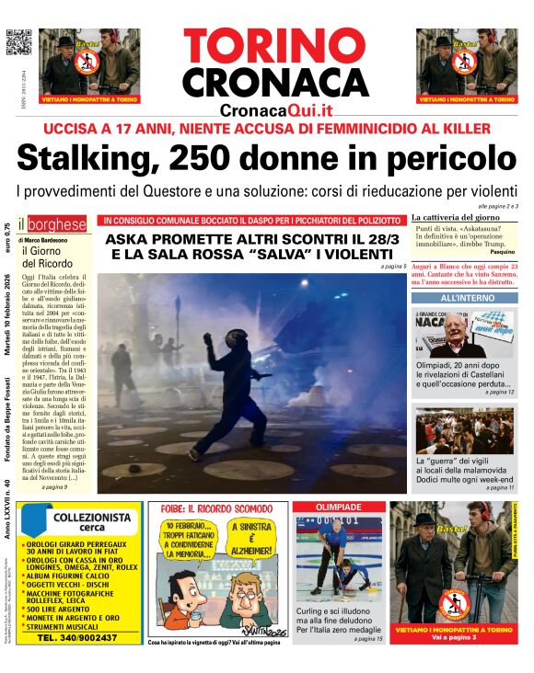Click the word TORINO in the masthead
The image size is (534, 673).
[274, 46]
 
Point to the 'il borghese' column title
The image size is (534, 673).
[55, 223]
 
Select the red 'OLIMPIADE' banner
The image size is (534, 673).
[338, 508]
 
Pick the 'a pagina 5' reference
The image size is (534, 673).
[392, 266]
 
